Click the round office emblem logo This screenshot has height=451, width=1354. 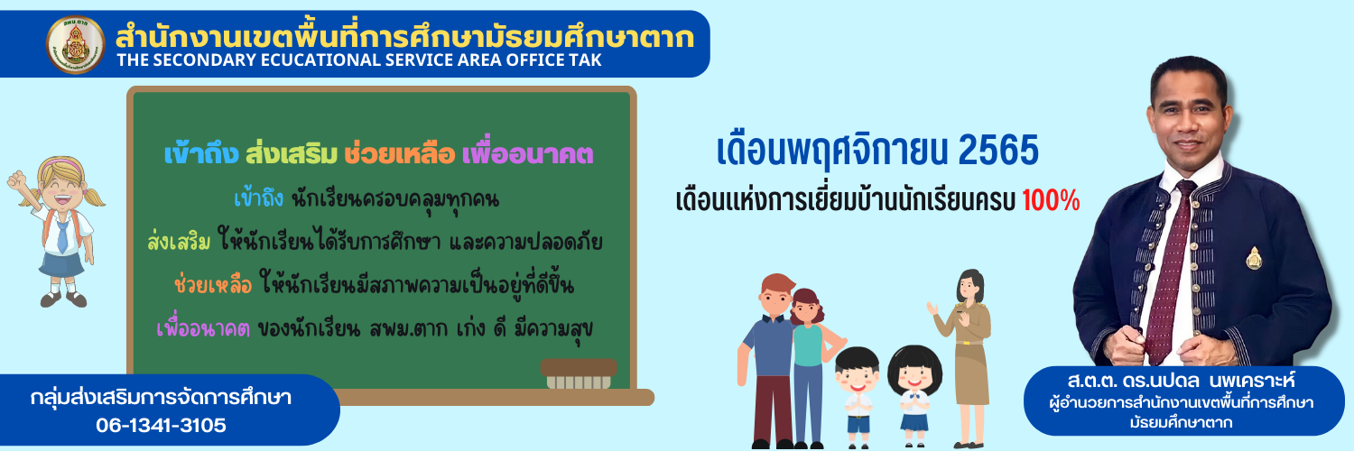tap(76, 45)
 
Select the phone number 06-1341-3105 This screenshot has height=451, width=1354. tap(161, 425)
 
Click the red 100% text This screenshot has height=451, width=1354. tap(1051, 201)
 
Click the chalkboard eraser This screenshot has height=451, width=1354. tap(579, 373)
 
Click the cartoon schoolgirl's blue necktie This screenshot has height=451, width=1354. tap(62, 236)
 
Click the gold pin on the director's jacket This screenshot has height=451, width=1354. tap(1254, 258)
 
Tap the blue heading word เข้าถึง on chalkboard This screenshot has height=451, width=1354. tap(201, 154)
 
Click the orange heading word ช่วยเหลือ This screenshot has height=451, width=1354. tap(400, 154)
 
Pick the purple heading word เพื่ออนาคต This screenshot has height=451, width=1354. tap(528, 154)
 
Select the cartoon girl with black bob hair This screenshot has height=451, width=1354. tap(913, 396)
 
